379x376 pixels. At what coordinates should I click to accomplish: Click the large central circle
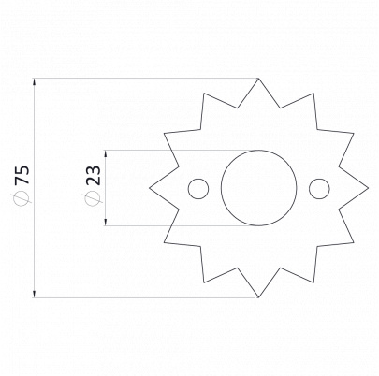[258, 151]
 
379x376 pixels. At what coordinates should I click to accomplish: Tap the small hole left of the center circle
[198, 179]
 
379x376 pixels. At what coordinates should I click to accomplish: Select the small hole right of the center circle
[319, 179]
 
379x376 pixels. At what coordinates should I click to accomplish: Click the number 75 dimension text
[22, 175]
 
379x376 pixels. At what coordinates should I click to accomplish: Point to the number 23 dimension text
[94, 175]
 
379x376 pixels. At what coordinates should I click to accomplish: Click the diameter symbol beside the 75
[22, 198]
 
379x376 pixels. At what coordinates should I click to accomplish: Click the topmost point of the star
[258, 78]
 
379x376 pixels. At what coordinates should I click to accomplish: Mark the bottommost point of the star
[258, 297]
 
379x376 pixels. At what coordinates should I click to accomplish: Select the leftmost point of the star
[149, 188]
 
